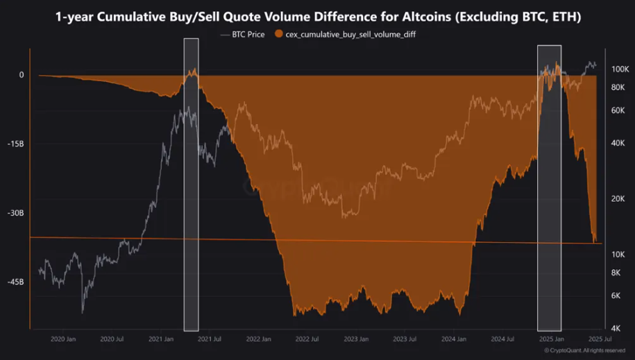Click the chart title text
(317, 17)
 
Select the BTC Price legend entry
(243, 34)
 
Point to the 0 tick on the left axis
(21, 75)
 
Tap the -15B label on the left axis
(15, 144)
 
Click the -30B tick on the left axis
(15, 213)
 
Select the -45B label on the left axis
(15, 282)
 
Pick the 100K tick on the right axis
(620, 69)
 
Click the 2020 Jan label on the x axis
(62, 339)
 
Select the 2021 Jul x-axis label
(208, 339)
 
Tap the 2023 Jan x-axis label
(355, 339)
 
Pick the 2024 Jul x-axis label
(501, 339)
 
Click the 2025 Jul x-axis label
(598, 339)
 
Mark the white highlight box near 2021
(191, 185)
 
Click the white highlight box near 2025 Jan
(549, 187)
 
